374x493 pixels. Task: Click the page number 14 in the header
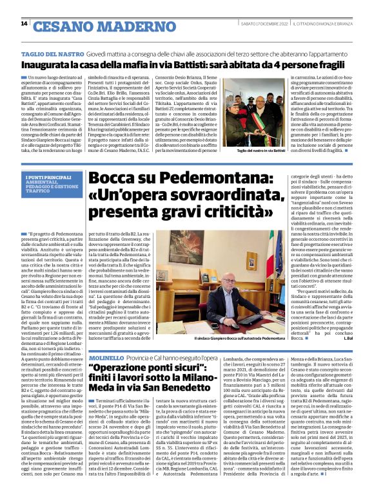(x=25, y=24)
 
